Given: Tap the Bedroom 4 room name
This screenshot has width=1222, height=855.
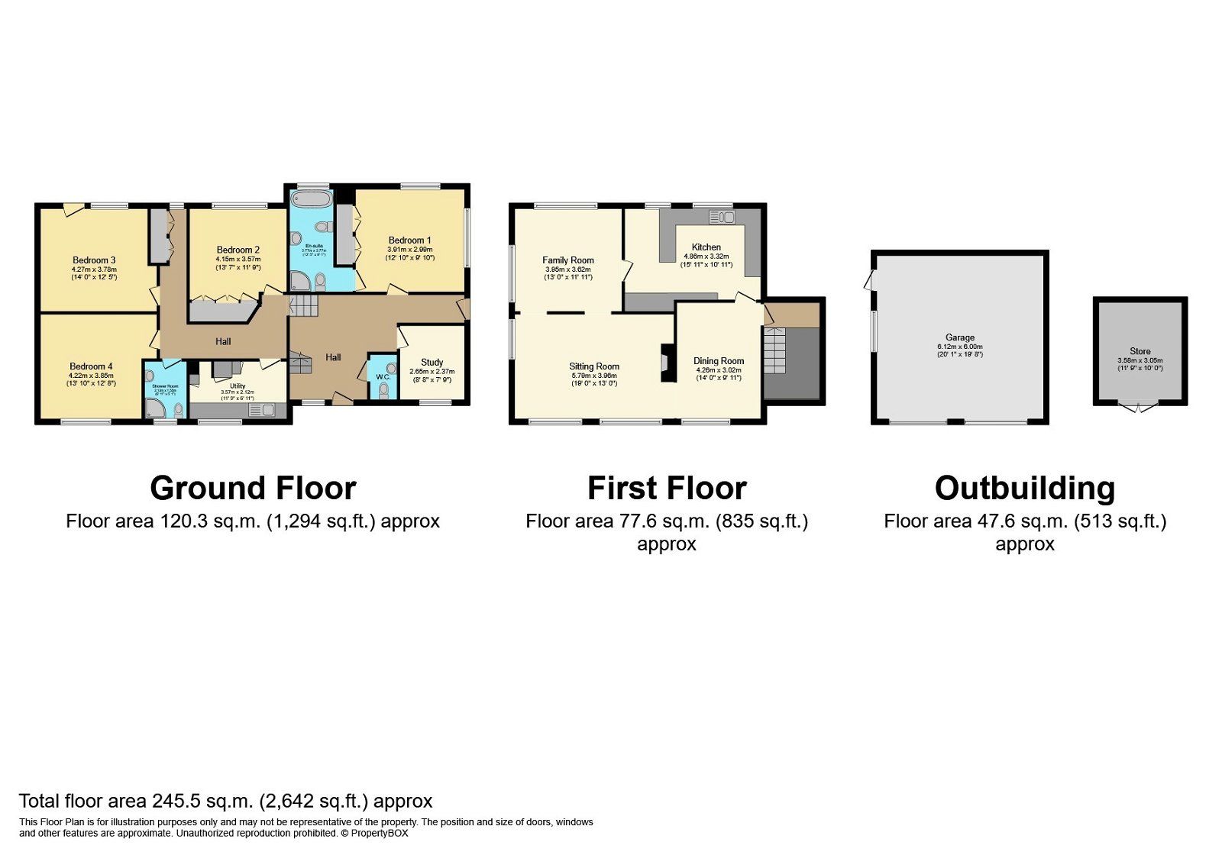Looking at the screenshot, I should tap(91, 366).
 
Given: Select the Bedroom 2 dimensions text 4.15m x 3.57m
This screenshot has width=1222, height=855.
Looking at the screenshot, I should tap(238, 260).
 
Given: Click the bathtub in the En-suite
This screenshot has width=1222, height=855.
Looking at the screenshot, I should tap(311, 201).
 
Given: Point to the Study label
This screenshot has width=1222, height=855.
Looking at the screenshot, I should tap(432, 363).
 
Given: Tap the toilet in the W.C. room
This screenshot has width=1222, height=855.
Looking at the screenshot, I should tap(383, 391).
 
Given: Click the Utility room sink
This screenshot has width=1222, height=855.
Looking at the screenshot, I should tap(261, 411).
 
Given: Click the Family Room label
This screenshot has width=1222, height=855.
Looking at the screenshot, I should tap(568, 260).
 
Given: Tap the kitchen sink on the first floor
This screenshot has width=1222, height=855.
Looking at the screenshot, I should tap(722, 218).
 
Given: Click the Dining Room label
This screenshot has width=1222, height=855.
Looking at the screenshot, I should tap(718, 361).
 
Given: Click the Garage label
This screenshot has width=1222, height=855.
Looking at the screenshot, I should tap(960, 337).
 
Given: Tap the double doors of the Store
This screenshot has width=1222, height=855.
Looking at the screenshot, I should tap(1139, 408).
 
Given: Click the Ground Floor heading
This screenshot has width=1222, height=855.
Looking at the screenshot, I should tap(253, 489).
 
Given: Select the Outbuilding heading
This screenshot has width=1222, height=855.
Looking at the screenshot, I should tap(1024, 489).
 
